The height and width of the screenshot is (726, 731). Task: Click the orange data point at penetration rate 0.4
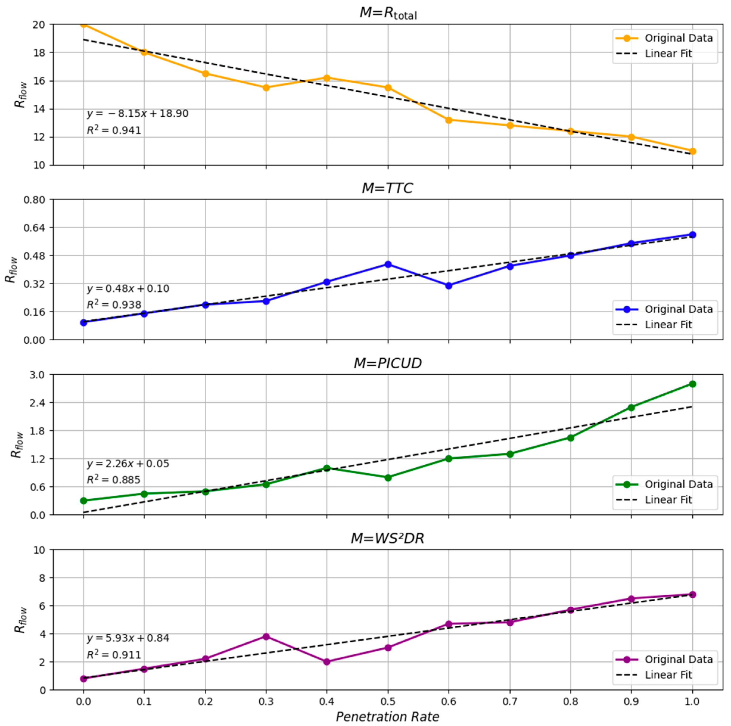(327, 78)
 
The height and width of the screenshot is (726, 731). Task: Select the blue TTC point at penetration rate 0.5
(388, 264)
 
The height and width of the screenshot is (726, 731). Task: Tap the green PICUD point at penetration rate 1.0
(692, 384)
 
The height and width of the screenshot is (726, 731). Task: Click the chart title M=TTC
(387, 188)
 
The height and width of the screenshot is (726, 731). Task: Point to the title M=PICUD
(387, 363)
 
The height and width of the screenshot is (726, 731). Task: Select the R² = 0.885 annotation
(113, 480)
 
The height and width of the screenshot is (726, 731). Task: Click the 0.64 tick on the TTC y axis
(34, 228)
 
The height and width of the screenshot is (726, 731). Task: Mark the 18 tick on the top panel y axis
(39, 53)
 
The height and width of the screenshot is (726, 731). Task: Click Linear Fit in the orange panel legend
(668, 54)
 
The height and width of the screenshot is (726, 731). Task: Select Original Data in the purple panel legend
(678, 659)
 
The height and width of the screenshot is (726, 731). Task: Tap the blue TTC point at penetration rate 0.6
(449, 286)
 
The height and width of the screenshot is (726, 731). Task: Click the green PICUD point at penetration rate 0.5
(388, 478)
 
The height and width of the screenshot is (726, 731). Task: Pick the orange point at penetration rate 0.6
(449, 120)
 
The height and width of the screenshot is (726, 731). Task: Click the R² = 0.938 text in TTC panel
(114, 305)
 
